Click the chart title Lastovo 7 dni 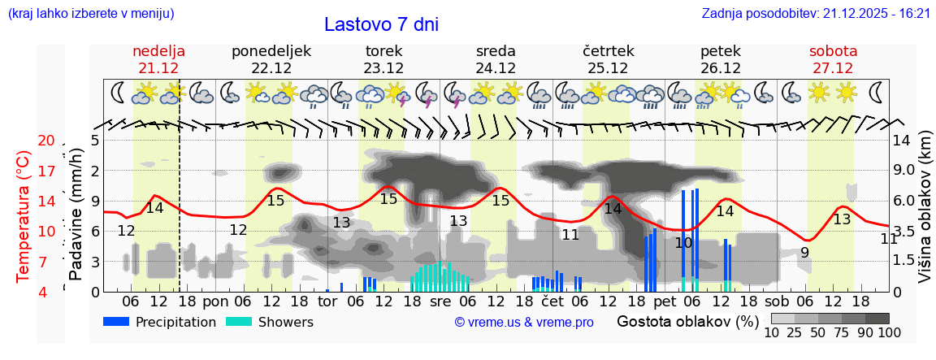[x=381, y=24]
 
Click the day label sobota [x=833, y=51]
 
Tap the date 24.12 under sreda [x=496, y=68]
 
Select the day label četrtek [x=608, y=51]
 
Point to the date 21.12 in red [x=158, y=68]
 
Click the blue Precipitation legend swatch [x=117, y=322]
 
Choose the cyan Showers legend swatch [x=239, y=322]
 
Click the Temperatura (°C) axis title [x=23, y=216]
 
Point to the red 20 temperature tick [x=45, y=141]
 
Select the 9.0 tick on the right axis [x=903, y=171]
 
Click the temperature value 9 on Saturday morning [x=804, y=253]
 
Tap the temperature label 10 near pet [x=683, y=242]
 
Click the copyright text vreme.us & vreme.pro [x=524, y=323]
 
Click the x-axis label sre [x=440, y=301]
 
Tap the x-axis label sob [x=777, y=301]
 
